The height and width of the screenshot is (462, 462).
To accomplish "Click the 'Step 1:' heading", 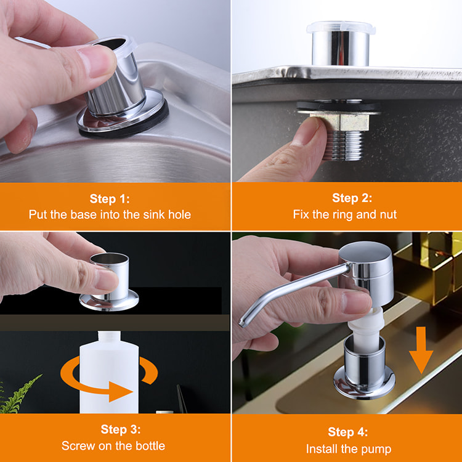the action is (x=110, y=198).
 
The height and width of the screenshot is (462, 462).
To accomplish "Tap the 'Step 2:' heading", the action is (x=352, y=198).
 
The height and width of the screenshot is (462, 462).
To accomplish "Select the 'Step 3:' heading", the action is (x=121, y=429).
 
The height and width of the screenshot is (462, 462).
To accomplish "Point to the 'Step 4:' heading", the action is (x=347, y=432).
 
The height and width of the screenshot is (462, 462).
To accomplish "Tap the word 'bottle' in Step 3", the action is (x=150, y=446).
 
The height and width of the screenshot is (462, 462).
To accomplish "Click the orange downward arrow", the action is (x=421, y=350).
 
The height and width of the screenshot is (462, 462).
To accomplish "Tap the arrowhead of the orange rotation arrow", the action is (x=120, y=392).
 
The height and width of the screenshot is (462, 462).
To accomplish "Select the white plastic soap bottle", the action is (x=109, y=373).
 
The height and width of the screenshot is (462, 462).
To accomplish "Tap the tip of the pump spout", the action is (x=242, y=323).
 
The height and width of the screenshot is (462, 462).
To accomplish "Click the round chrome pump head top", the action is (x=365, y=251).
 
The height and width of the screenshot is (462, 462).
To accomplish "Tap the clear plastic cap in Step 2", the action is (x=341, y=27).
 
